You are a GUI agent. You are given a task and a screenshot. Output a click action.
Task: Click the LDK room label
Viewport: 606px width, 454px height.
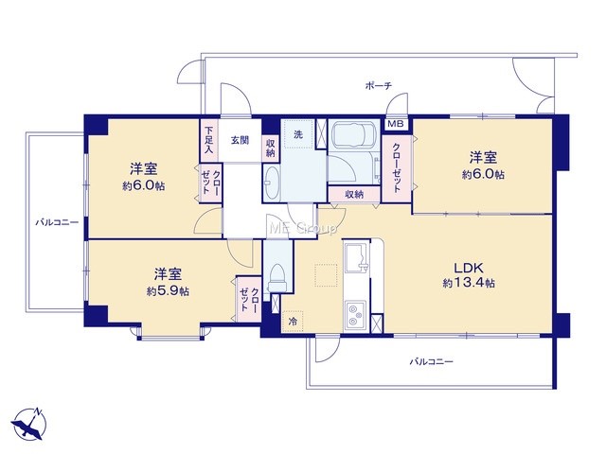[x=469, y=268]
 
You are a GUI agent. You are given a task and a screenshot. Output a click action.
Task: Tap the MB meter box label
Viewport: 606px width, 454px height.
[x=396, y=124]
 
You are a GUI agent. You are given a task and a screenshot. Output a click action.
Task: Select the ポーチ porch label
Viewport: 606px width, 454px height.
[x=379, y=85]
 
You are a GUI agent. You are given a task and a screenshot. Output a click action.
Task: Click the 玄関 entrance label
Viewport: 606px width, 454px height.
[x=240, y=140]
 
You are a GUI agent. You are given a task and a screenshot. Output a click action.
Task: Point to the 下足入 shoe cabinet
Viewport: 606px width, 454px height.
[x=208, y=140]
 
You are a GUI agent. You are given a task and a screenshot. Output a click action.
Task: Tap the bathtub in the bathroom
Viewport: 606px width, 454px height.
[x=352, y=134]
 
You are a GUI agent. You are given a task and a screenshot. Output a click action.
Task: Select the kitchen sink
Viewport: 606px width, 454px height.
[x=357, y=258]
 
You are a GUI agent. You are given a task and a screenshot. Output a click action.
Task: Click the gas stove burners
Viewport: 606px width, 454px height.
[x=356, y=315]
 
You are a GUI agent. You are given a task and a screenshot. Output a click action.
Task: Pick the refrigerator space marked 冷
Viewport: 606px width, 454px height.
[x=293, y=322]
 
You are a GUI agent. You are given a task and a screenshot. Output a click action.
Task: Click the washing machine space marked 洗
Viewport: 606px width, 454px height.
[x=298, y=134]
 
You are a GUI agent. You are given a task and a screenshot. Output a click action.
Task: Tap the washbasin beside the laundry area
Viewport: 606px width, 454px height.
[x=272, y=183]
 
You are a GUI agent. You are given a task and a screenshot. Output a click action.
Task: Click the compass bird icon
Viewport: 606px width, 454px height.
[x=28, y=424]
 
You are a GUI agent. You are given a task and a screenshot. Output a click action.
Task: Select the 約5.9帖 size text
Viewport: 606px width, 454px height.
[x=168, y=291]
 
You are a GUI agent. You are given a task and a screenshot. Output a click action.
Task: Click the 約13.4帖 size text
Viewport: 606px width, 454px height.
[x=469, y=283]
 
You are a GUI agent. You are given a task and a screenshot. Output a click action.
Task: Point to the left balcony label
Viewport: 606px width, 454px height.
[x=57, y=222]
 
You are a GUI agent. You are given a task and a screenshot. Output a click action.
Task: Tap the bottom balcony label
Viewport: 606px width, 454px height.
[x=432, y=361]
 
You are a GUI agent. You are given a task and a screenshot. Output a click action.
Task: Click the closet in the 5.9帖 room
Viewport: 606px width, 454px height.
[x=249, y=300]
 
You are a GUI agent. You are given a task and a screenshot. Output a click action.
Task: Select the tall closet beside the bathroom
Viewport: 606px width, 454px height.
[x=397, y=168]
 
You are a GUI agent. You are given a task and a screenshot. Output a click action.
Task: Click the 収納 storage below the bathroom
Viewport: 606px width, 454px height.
[x=354, y=194]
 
